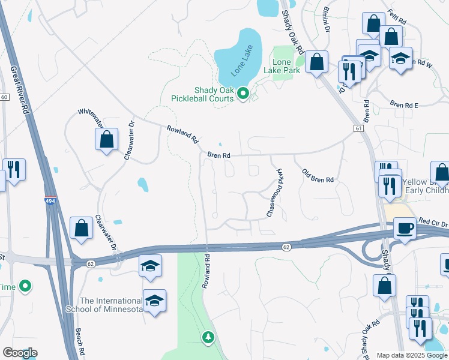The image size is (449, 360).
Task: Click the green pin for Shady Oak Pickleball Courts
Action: pyautogui.click(x=243, y=93)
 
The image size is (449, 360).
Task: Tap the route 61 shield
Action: pyautogui.click(x=359, y=128)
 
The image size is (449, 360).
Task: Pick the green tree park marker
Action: pyautogui.click(x=208, y=337)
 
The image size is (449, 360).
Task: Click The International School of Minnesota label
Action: pyautogui.click(x=112, y=305)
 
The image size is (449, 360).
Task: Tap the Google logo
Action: pyautogui.click(x=20, y=353)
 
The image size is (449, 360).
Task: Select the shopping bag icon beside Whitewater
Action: pyautogui.click(x=106, y=139)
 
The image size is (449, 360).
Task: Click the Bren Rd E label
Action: pyautogui.click(x=403, y=104)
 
